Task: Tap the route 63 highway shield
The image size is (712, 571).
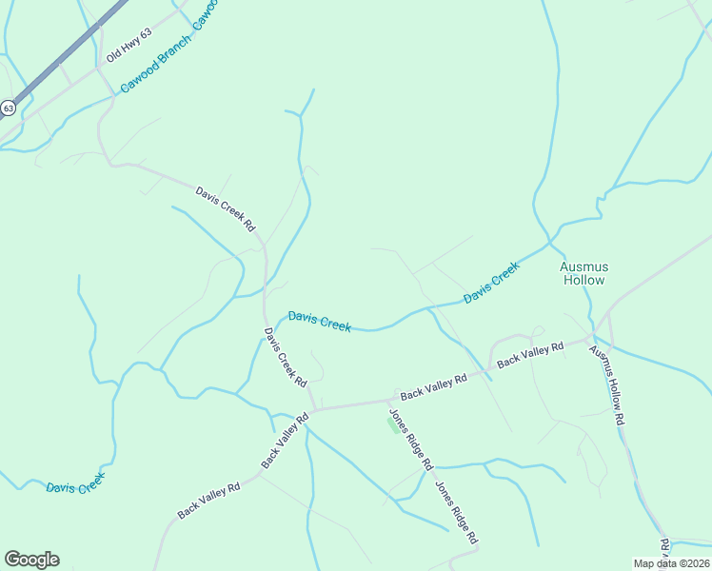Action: pos(8,108)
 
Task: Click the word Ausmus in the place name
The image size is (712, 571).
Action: pos(583,266)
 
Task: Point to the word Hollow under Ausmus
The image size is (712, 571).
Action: pos(583,280)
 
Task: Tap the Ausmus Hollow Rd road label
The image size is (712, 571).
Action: pos(606,384)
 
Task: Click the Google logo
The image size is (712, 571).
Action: pos(31,560)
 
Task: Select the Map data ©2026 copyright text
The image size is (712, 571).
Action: pos(672,562)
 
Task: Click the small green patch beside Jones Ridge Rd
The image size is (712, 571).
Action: pos(392,426)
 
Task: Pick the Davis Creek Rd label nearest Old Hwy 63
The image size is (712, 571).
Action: pos(226,208)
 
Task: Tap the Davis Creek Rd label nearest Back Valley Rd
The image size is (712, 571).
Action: pos(286,357)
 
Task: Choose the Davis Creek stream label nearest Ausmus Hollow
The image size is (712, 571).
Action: pos(492,284)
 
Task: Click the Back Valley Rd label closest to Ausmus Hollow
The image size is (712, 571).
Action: pos(530,354)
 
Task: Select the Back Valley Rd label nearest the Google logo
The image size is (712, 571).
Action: pos(208,500)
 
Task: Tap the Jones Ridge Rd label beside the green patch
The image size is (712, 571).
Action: pos(410,440)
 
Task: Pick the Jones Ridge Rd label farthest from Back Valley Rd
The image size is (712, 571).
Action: pos(456,513)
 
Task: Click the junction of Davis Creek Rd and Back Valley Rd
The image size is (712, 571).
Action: pos(313,410)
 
